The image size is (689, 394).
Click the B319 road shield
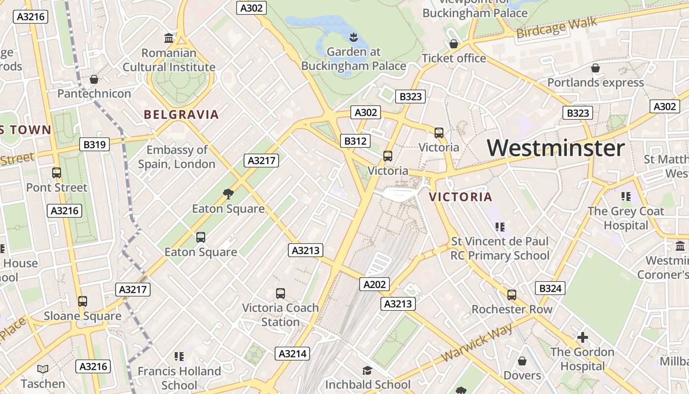(x=94, y=144)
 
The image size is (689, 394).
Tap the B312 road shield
(x=355, y=141)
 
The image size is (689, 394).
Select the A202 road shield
(x=375, y=284)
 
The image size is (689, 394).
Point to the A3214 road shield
(x=292, y=353)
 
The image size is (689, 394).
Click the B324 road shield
(x=550, y=288)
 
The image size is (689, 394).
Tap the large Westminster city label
(x=556, y=148)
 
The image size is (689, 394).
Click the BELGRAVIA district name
(x=181, y=115)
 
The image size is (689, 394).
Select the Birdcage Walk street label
(x=557, y=28)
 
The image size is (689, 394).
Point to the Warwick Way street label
(x=477, y=342)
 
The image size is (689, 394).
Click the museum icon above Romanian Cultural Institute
(x=169, y=38)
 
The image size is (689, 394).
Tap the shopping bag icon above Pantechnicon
(x=94, y=79)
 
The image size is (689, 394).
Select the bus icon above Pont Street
(x=57, y=173)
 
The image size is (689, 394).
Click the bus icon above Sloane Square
(x=83, y=301)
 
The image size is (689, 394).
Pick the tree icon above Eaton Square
(x=228, y=194)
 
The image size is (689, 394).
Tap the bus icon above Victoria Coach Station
(x=281, y=294)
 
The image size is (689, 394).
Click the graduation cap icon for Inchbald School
(x=367, y=370)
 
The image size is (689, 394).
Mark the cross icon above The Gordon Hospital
(x=583, y=337)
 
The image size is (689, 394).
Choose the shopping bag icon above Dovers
(x=522, y=361)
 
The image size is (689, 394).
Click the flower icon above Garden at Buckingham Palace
(x=353, y=36)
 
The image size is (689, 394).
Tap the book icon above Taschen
(x=43, y=369)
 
